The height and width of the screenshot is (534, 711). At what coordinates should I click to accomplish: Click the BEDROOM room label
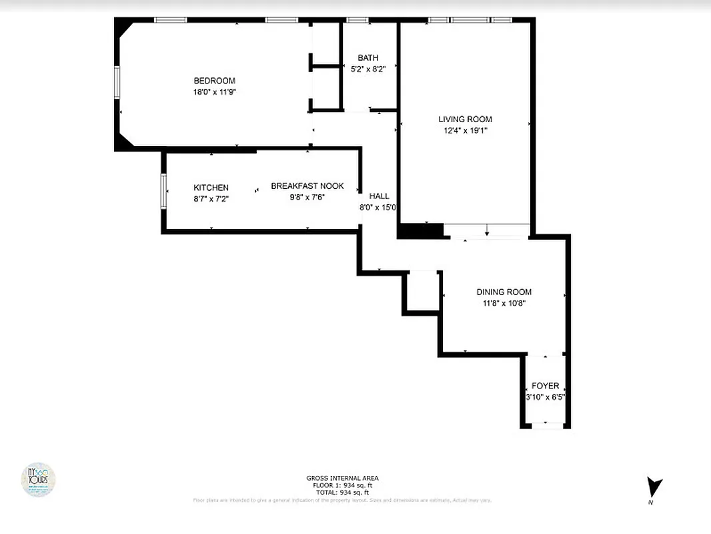tap(214, 81)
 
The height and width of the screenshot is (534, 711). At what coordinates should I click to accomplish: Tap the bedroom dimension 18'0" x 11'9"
tap(214, 92)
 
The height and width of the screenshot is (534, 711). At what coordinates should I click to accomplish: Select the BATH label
tap(368, 58)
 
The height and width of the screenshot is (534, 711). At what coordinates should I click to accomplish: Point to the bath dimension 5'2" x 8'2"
tap(368, 69)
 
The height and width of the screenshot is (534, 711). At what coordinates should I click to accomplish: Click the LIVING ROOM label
tap(465, 119)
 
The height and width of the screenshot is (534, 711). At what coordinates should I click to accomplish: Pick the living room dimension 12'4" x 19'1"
tap(465, 131)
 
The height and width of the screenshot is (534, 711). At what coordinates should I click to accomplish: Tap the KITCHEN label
tap(211, 188)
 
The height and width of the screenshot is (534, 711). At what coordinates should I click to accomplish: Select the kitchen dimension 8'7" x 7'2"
tap(211, 199)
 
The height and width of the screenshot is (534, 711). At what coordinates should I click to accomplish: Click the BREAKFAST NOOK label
tap(307, 186)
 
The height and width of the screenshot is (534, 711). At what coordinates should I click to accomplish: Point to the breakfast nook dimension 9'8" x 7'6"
tap(307, 197)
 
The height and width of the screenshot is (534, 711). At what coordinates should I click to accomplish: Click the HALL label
tap(379, 196)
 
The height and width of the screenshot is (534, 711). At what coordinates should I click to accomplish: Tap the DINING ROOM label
tap(504, 292)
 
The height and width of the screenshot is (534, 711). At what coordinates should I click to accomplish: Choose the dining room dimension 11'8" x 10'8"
tap(504, 303)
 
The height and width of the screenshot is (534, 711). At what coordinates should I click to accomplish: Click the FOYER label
tap(545, 386)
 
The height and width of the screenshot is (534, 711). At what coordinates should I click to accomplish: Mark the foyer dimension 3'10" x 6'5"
tap(545, 397)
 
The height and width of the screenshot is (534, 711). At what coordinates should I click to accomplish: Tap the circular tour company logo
tap(38, 479)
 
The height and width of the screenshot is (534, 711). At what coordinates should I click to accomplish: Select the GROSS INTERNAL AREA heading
tap(342, 478)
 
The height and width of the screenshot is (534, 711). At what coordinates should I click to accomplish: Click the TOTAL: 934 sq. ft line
tap(342, 492)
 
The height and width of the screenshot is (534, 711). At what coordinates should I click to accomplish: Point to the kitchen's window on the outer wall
tap(163, 191)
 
